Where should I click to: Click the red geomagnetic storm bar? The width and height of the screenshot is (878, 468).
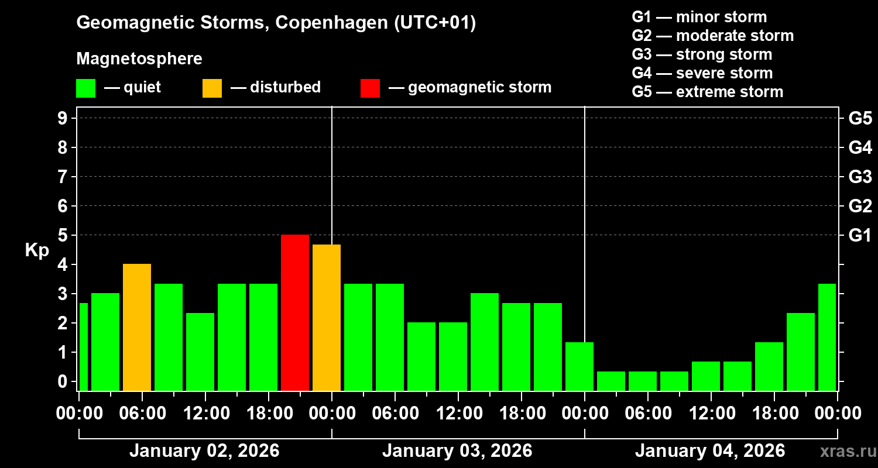(295, 312)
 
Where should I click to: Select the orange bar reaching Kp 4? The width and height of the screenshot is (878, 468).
(137, 327)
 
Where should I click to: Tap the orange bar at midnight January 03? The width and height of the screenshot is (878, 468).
(327, 317)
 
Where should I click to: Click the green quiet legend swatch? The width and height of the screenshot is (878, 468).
(85, 88)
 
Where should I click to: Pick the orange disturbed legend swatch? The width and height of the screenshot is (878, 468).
(212, 88)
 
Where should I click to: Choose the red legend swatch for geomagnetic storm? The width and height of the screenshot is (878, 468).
(370, 88)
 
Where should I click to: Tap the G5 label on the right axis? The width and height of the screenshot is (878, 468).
(860, 118)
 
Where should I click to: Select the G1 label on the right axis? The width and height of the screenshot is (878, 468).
(860, 236)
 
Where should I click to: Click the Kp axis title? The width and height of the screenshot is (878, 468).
(37, 250)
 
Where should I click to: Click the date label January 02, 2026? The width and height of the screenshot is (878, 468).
(204, 451)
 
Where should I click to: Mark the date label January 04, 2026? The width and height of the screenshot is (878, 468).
(709, 451)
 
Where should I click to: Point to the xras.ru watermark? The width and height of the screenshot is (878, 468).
(843, 451)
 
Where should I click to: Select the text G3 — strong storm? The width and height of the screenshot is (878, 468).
(702, 54)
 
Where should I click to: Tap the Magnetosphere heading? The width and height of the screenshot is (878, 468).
(139, 59)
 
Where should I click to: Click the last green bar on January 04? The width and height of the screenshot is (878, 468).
(826, 337)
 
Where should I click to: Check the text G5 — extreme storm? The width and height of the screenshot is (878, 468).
(707, 92)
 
